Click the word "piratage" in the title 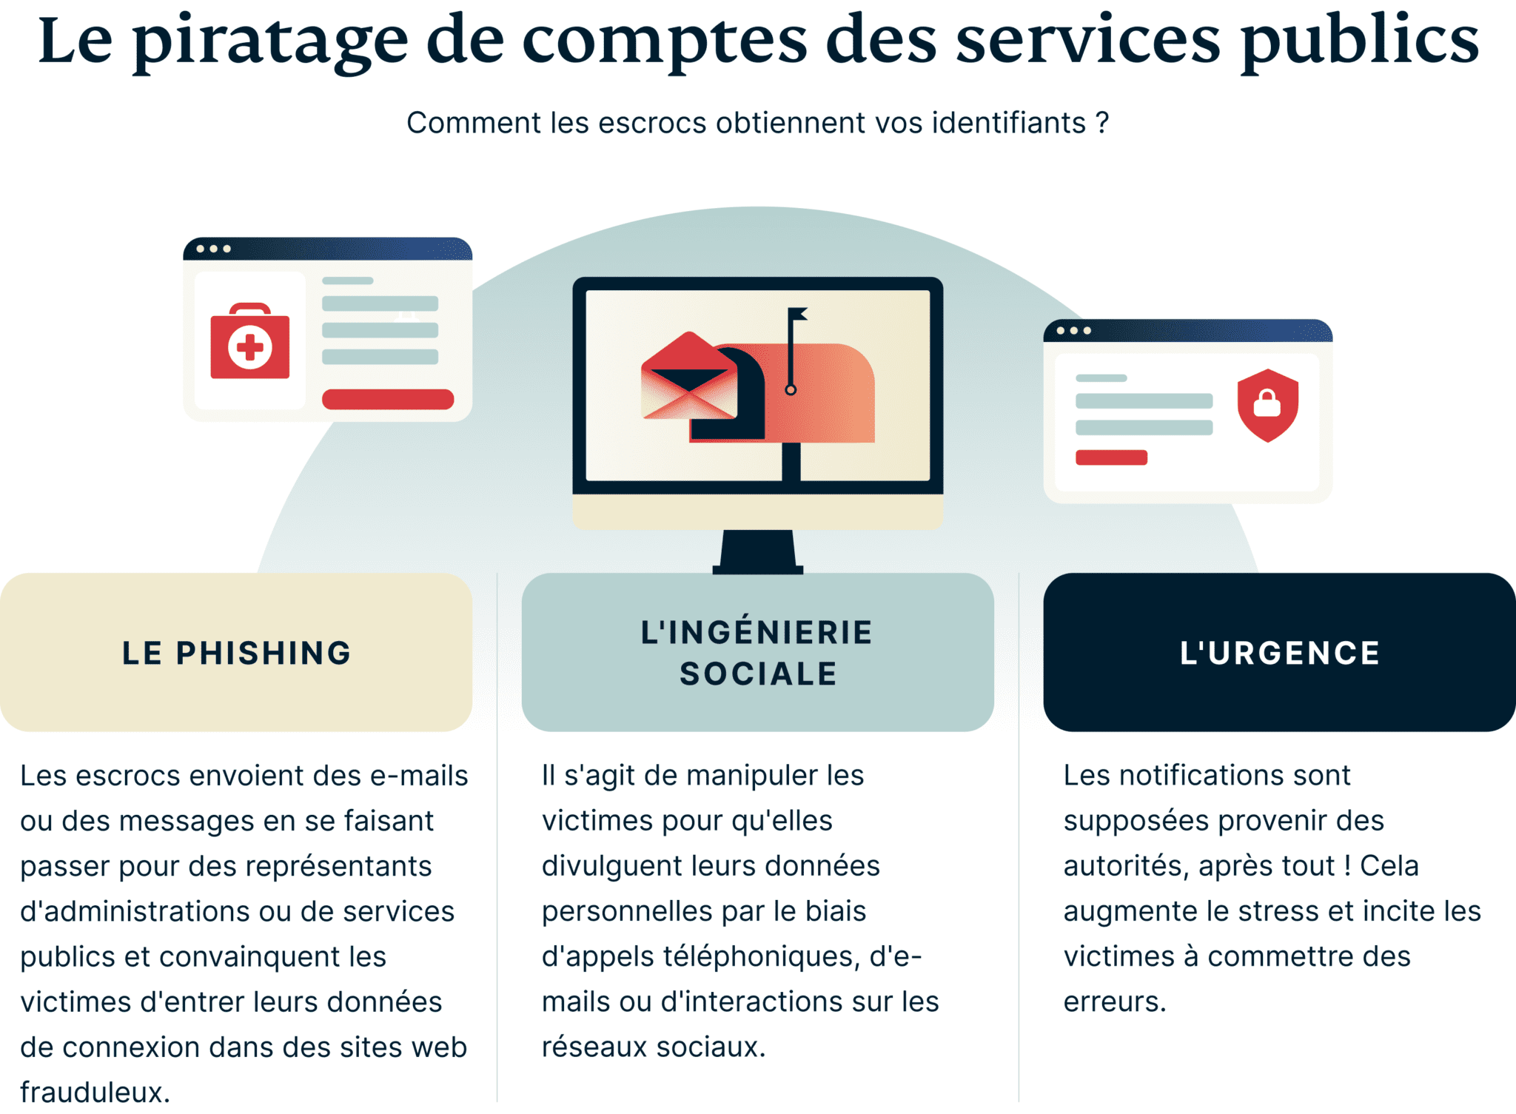270,41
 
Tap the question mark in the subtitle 1103,122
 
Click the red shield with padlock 1268,405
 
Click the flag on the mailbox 797,314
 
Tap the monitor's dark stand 758,551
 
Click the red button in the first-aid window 388,399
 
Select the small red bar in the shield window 1111,457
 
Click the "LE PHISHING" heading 237,653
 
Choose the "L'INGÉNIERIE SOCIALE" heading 757,653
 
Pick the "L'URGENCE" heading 1280,653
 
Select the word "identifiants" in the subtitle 1008,123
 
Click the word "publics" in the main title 1361,41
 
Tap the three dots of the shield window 1073,331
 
